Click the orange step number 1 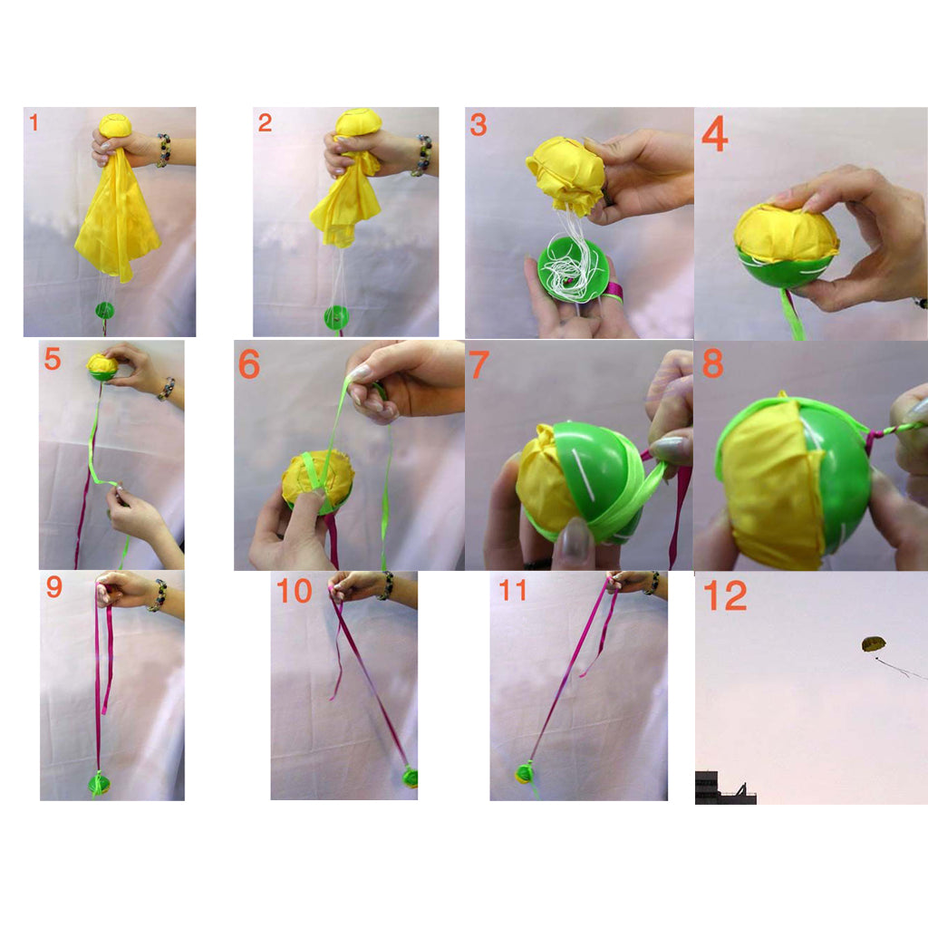click(34, 122)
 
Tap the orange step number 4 click(714, 134)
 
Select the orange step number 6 click(248, 364)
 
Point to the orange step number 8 click(712, 362)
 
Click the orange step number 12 click(725, 595)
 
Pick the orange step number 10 click(295, 591)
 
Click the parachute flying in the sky click(873, 644)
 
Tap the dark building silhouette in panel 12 click(725, 788)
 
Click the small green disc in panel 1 click(105, 310)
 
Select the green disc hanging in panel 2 click(336, 318)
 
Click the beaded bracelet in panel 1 click(163, 150)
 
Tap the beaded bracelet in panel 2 click(422, 155)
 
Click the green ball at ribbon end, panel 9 click(99, 784)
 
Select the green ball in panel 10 click(411, 777)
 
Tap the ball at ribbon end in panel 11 click(524, 774)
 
